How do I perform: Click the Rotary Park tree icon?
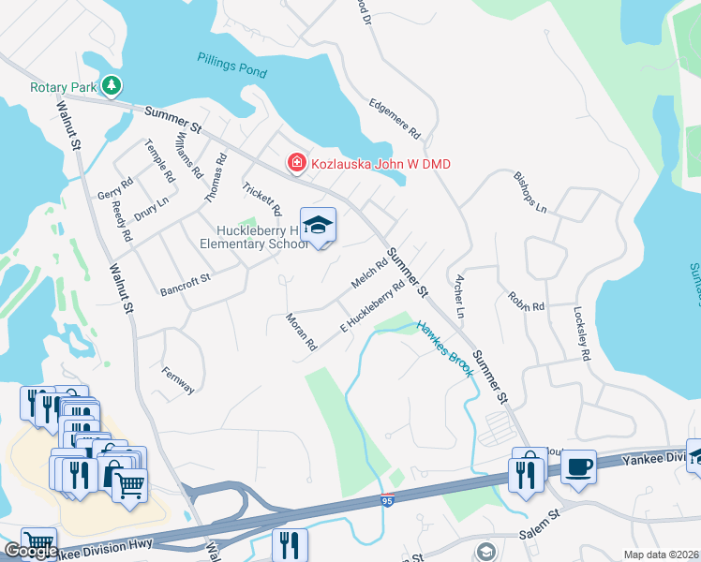coord(112,86)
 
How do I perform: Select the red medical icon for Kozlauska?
coord(297,164)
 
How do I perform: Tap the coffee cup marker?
coord(578,466)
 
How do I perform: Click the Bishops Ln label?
coord(529,191)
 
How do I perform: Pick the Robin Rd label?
coord(527,303)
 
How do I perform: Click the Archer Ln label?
coord(458,296)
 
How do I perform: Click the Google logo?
coord(31,551)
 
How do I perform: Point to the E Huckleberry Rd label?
coord(372,305)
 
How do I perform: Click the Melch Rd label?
coord(369,274)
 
